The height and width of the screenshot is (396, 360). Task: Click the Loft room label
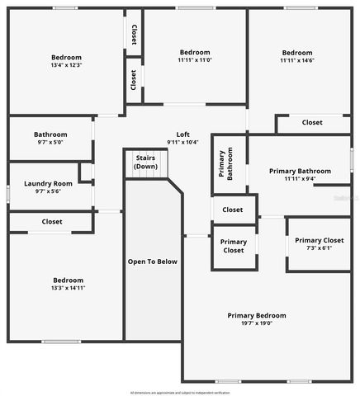(x=183, y=134)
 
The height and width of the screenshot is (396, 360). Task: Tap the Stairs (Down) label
(x=145, y=163)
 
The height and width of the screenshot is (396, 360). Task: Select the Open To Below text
(x=152, y=262)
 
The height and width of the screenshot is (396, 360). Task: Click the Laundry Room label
(x=48, y=183)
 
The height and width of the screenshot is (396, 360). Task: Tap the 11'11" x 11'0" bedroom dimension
(x=195, y=60)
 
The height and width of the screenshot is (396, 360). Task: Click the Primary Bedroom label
(x=257, y=315)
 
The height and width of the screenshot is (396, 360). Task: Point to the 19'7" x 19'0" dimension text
(x=257, y=323)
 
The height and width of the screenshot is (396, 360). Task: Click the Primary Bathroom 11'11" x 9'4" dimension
(x=300, y=179)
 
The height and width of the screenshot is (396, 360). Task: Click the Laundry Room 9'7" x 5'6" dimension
(x=48, y=191)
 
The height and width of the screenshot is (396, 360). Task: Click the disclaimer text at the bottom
(x=179, y=392)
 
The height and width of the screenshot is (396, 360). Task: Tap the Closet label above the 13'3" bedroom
(x=51, y=222)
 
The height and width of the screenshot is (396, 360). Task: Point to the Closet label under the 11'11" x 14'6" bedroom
(x=311, y=123)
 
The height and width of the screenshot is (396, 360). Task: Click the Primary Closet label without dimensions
(x=233, y=246)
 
